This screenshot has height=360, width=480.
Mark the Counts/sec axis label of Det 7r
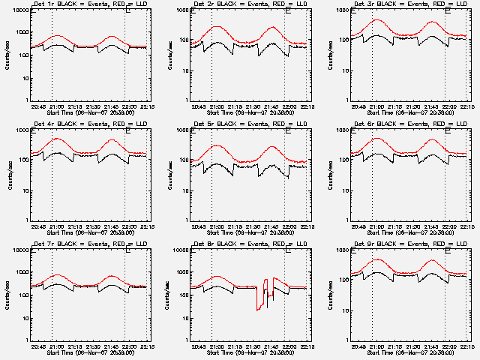click(x=8, y=295)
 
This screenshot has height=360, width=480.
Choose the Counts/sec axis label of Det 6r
click(x=328, y=175)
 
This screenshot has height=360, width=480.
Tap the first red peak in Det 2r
click(x=217, y=27)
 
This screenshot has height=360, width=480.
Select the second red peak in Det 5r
click(x=272, y=147)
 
